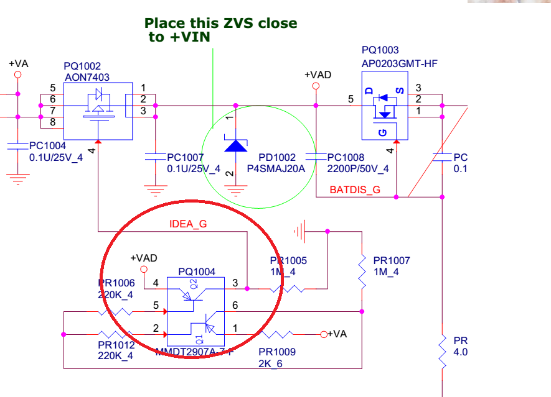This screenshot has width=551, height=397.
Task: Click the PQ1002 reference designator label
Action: click(x=82, y=66)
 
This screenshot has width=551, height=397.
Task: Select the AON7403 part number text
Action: click(x=87, y=77)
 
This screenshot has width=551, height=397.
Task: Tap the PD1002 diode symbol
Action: click(x=235, y=145)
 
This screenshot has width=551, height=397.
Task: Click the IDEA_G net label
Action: click(x=188, y=225)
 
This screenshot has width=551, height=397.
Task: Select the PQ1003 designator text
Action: click(x=380, y=50)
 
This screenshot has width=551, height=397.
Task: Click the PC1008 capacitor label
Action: click(x=346, y=158)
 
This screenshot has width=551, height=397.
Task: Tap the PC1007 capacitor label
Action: click(x=185, y=158)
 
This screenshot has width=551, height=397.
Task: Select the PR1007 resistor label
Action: click(x=392, y=261)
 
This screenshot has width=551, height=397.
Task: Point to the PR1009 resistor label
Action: click(x=277, y=352)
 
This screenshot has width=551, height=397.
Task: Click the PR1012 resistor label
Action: click(x=116, y=345)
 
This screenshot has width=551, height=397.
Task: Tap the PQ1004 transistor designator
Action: click(x=197, y=272)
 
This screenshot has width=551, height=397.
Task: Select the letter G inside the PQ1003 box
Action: click(x=382, y=132)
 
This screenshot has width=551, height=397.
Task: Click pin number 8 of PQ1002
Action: click(x=52, y=122)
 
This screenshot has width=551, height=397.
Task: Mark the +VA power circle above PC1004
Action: click(x=17, y=75)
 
